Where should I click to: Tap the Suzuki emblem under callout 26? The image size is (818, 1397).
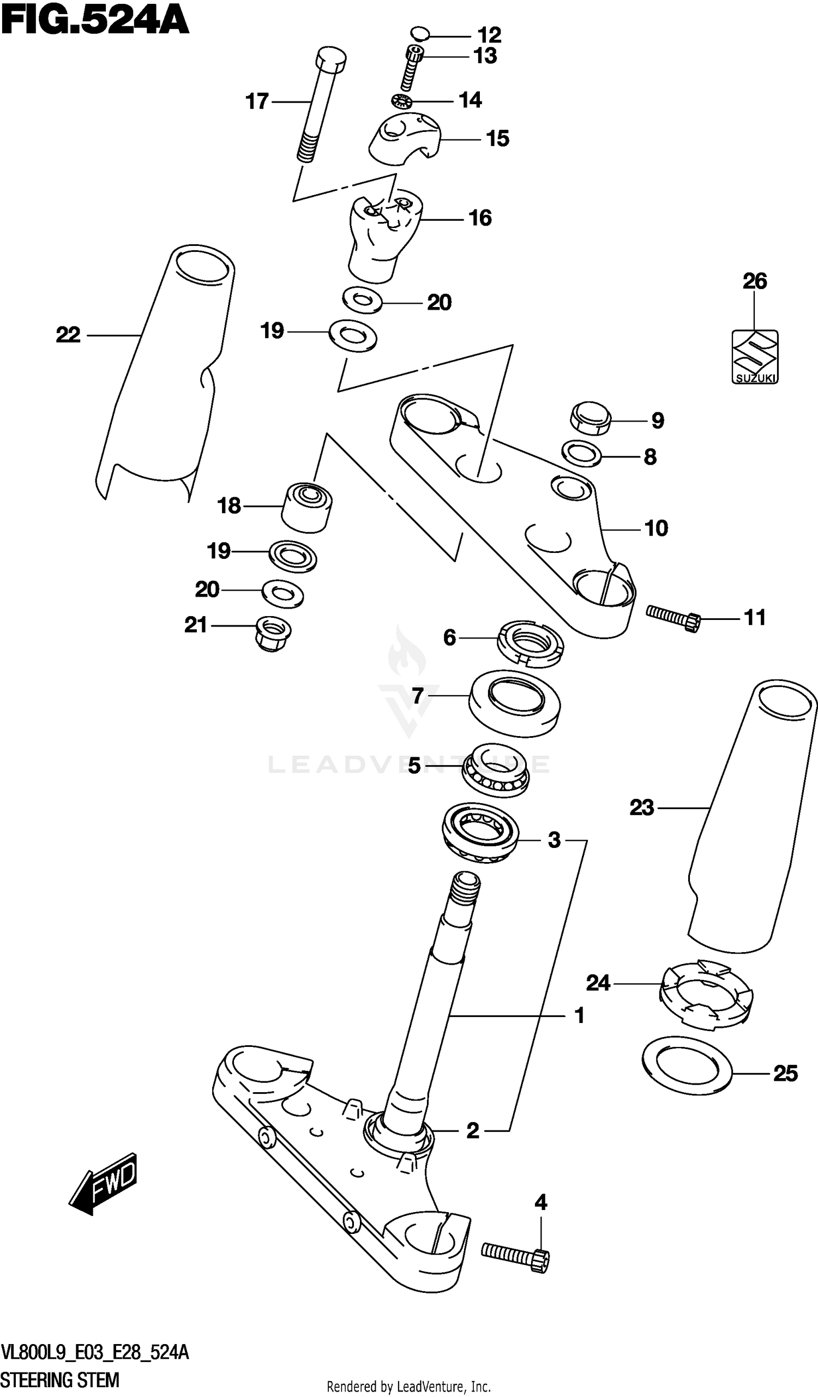tap(754, 357)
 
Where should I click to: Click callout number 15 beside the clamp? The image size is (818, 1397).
tap(497, 139)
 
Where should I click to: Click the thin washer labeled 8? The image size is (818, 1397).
tap(582, 455)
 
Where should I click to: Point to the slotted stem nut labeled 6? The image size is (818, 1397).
tap(530, 643)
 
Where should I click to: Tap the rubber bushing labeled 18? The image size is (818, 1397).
tap(306, 507)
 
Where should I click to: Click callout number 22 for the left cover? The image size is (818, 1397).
tap(68, 335)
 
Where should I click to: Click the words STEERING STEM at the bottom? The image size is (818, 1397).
tap(59, 1380)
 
